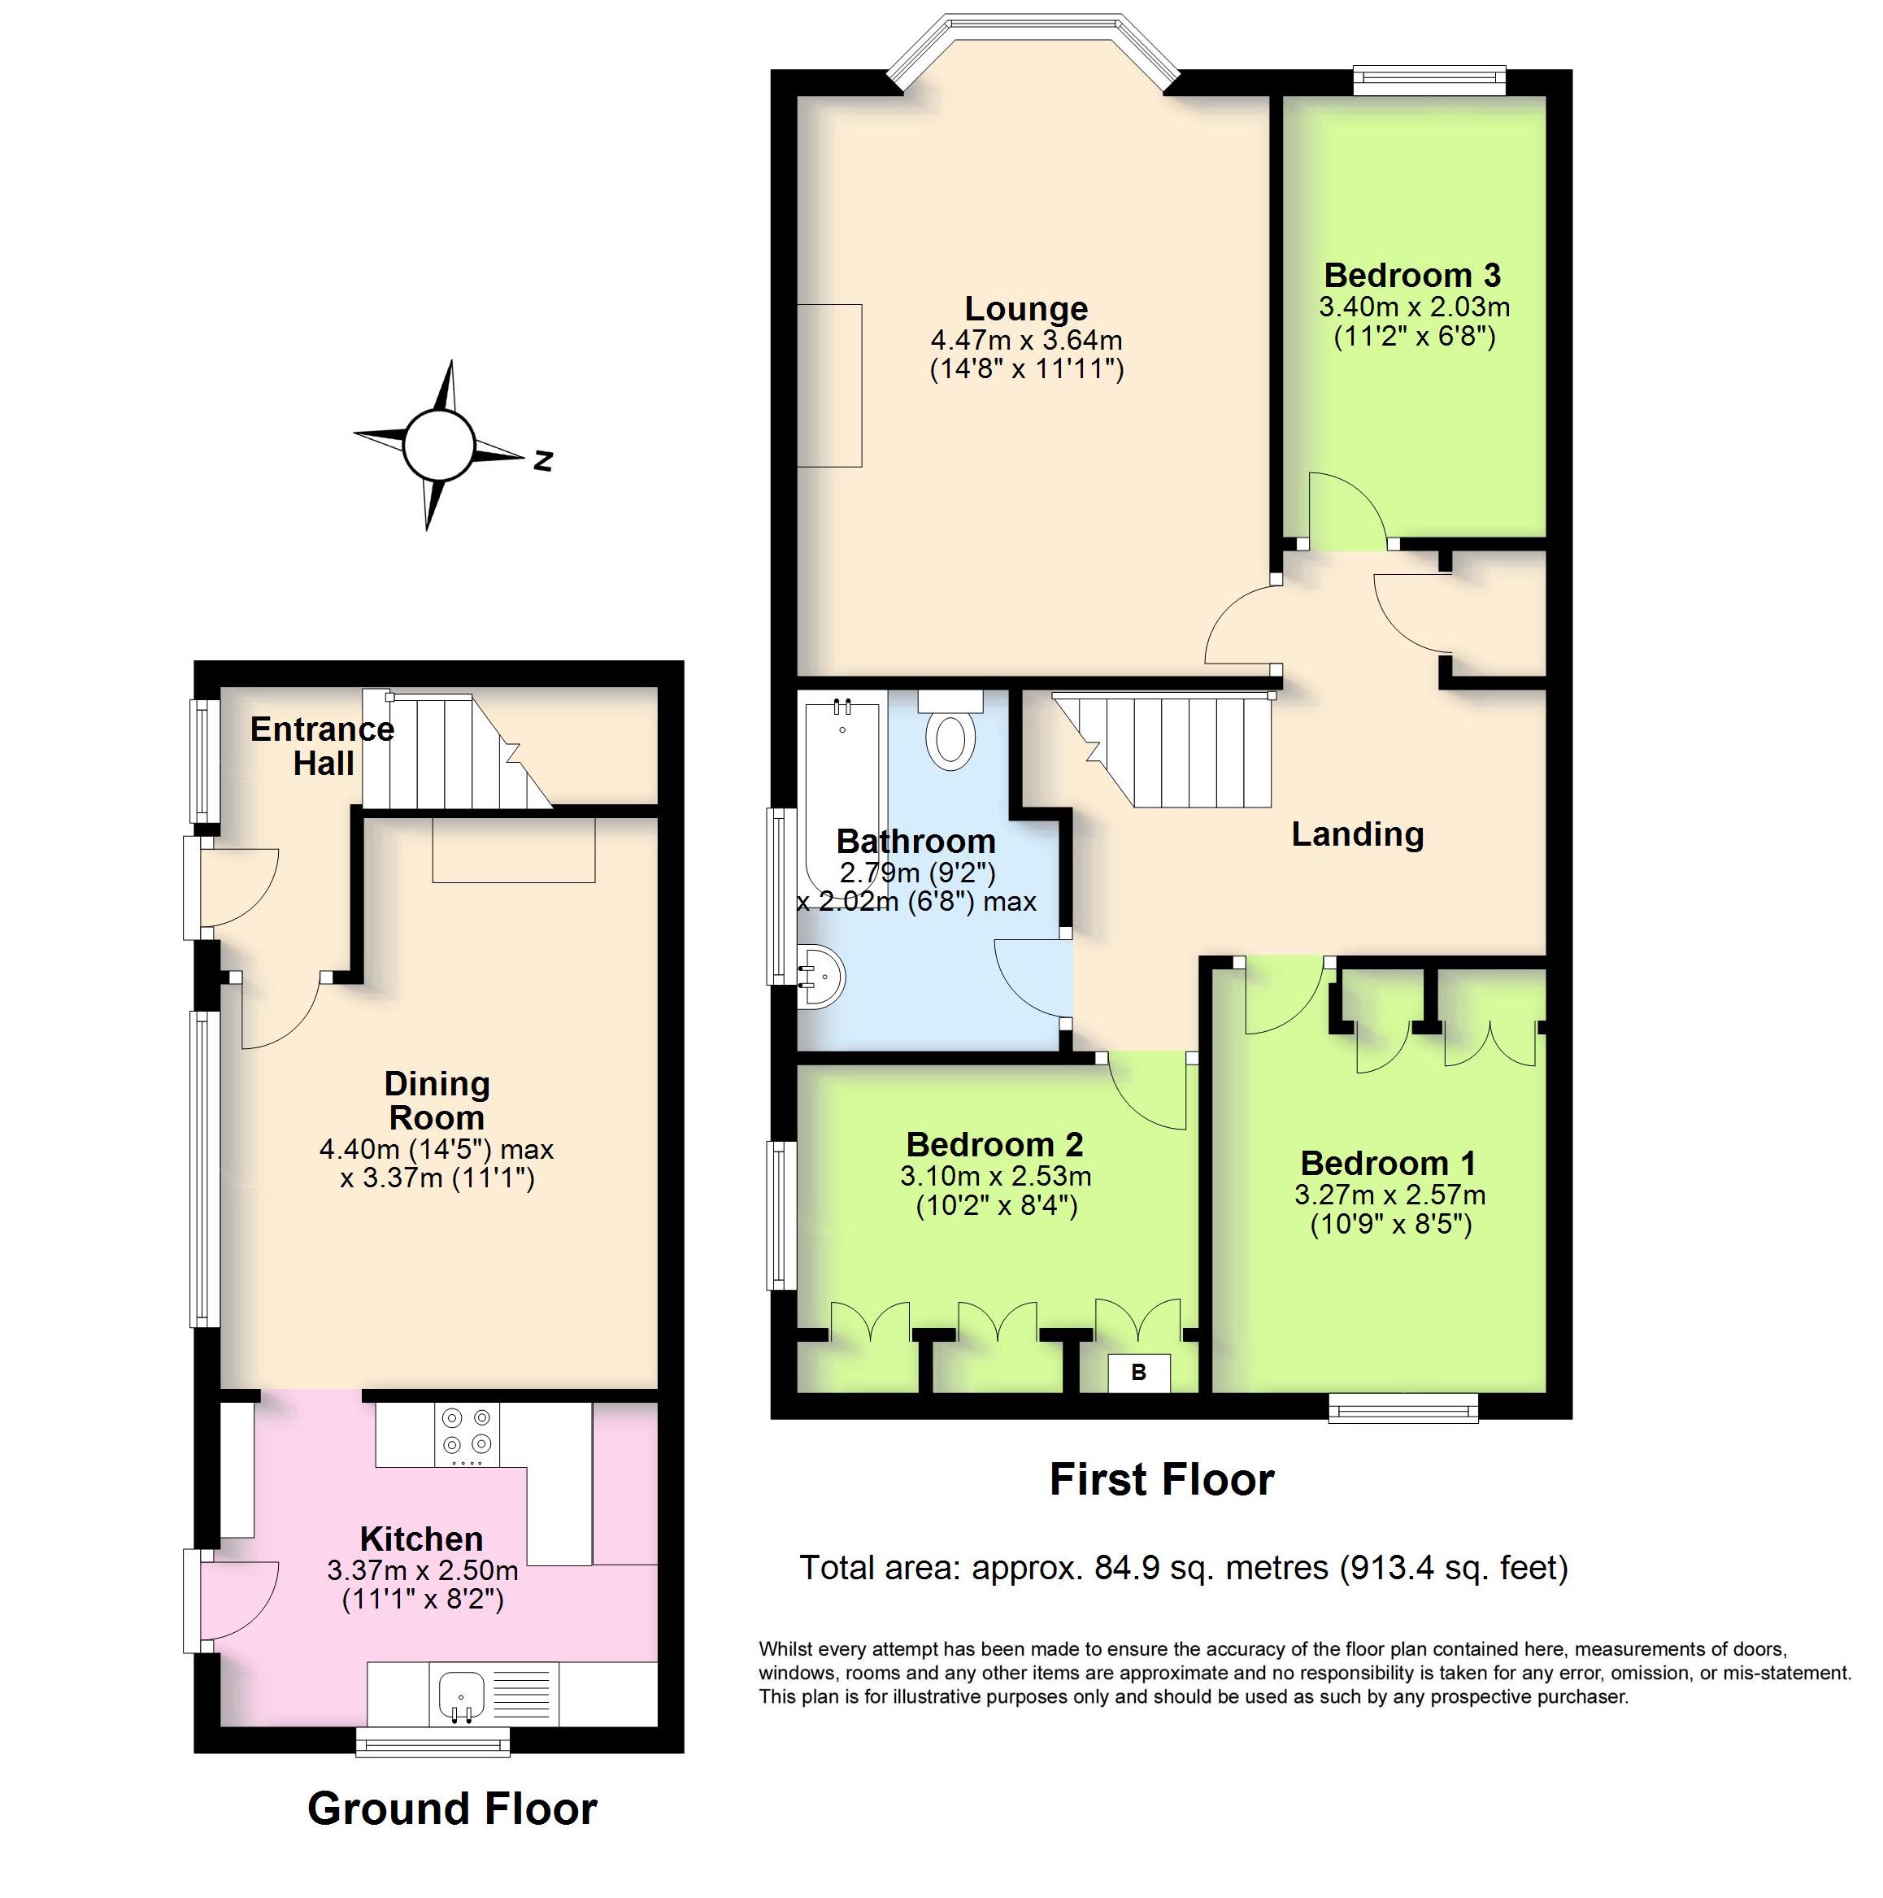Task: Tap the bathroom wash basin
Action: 821,977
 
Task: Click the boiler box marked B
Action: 1138,1373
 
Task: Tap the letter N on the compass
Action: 542,461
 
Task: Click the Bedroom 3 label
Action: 1412,275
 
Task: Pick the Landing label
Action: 1356,834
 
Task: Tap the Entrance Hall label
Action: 322,746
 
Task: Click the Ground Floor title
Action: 452,1809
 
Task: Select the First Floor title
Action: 1161,1478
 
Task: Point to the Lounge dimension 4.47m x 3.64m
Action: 1027,340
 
